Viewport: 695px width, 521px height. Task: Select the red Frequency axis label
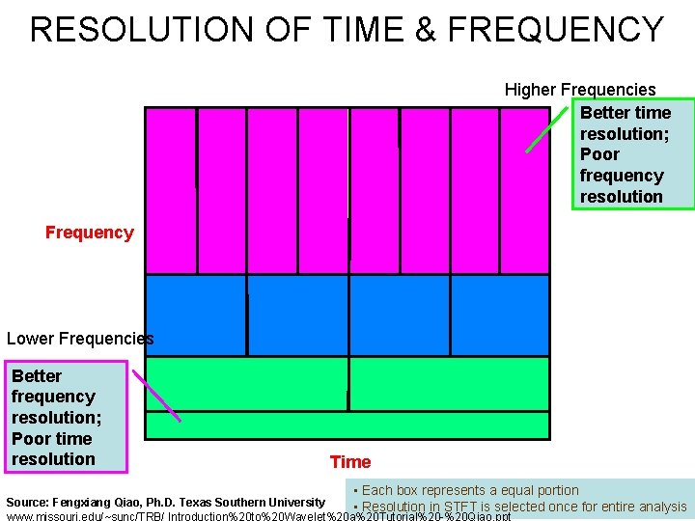click(89, 233)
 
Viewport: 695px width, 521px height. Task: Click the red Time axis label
click(349, 462)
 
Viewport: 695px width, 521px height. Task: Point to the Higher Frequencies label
click(579, 90)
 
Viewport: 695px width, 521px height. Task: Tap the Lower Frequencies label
click(79, 339)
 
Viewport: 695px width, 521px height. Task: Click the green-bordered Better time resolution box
click(632, 154)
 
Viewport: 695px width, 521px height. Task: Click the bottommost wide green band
click(347, 425)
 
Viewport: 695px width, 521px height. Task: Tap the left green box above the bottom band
click(246, 384)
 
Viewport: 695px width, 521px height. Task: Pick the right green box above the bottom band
click(449, 384)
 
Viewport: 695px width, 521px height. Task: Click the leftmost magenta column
click(170, 190)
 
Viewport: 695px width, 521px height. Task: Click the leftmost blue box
click(195, 315)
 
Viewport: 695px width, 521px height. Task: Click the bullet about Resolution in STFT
click(521, 507)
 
